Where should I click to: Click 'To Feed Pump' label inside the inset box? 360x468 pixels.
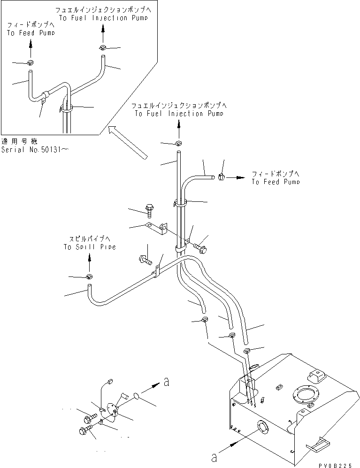[31, 33]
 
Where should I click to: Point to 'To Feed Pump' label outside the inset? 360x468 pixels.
[275, 182]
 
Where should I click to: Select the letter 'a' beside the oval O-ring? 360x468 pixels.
[167, 382]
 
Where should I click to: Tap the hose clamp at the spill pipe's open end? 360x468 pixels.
[89, 276]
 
